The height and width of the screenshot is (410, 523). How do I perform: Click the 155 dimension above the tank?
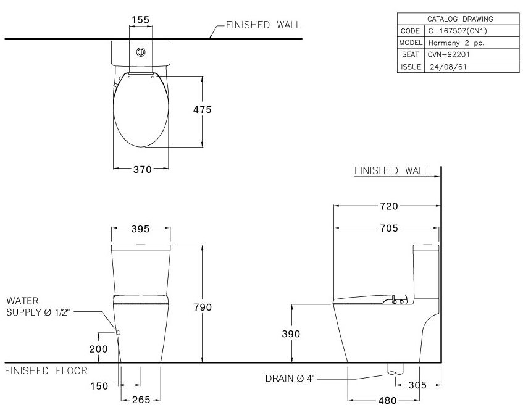click(x=141, y=20)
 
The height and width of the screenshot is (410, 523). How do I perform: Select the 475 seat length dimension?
click(x=202, y=109)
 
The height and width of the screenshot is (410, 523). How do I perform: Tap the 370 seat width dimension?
click(x=142, y=170)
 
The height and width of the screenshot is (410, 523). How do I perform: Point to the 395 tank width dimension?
click(x=141, y=228)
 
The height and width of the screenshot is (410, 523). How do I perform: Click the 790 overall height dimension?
click(x=202, y=307)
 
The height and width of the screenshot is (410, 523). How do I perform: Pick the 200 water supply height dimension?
click(x=98, y=349)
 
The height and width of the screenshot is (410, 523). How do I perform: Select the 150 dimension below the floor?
click(x=99, y=387)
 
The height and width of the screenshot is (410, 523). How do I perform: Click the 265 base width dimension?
click(x=141, y=400)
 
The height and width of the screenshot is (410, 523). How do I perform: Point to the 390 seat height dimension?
click(x=290, y=334)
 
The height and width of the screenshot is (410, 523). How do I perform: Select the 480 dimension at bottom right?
click(x=387, y=400)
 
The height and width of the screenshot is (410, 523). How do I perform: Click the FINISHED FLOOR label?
click(x=46, y=370)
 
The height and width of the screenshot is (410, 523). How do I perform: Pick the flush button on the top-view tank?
click(x=141, y=52)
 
